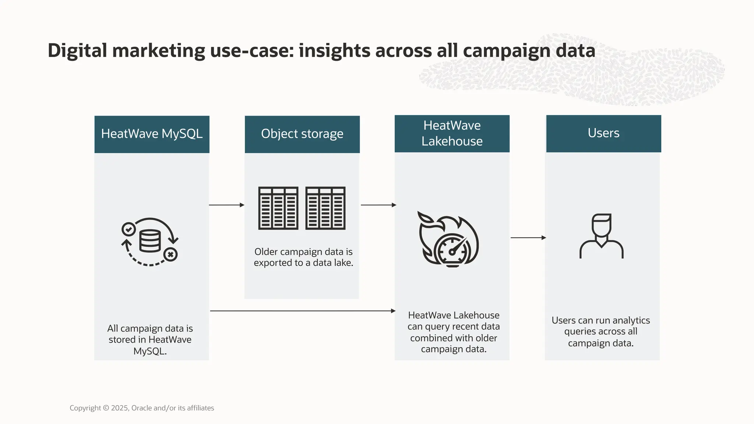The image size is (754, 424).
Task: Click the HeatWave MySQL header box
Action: click(152, 134)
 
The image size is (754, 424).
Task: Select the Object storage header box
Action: click(302, 134)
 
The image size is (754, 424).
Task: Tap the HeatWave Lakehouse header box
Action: click(452, 133)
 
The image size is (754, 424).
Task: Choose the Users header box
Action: click(603, 133)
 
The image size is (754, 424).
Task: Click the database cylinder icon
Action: click(150, 241)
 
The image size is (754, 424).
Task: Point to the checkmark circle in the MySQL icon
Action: click(128, 229)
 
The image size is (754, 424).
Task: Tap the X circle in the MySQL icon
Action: click(170, 254)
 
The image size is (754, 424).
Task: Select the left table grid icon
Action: click(278, 208)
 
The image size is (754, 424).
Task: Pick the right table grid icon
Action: click(325, 208)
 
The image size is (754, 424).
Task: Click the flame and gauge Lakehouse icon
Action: click(448, 239)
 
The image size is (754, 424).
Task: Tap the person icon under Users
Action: click(601, 236)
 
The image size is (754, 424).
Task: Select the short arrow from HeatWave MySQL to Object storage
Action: click(226, 205)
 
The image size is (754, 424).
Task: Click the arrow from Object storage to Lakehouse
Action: click(378, 205)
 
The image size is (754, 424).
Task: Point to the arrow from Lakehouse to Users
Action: click(528, 238)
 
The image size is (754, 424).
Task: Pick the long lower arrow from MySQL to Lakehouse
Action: click(302, 311)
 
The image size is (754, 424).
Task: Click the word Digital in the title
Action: click(77, 50)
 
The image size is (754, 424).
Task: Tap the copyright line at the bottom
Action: click(142, 408)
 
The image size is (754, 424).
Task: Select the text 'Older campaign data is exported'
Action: click(303, 257)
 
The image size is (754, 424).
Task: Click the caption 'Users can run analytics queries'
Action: click(600, 332)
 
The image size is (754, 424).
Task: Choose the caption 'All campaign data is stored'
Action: click(150, 339)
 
